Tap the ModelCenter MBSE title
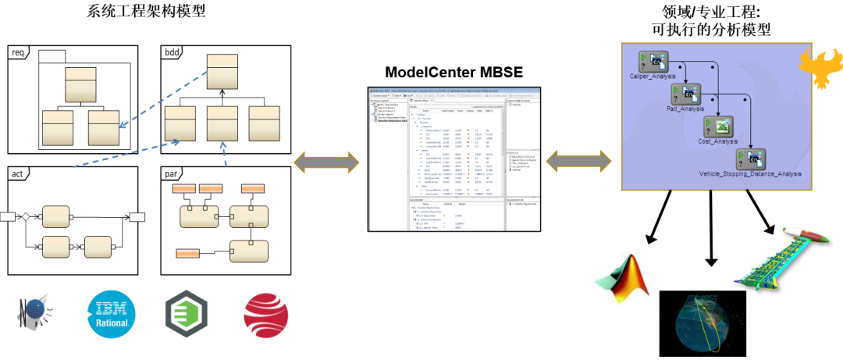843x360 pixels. pyautogui.click(x=454, y=73)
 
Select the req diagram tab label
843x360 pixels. pyautogui.click(x=18, y=52)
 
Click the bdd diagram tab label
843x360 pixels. pyautogui.click(x=173, y=52)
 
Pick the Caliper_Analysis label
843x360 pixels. pyautogui.click(x=653, y=77)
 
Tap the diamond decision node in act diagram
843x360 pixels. pyautogui.click(x=25, y=216)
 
